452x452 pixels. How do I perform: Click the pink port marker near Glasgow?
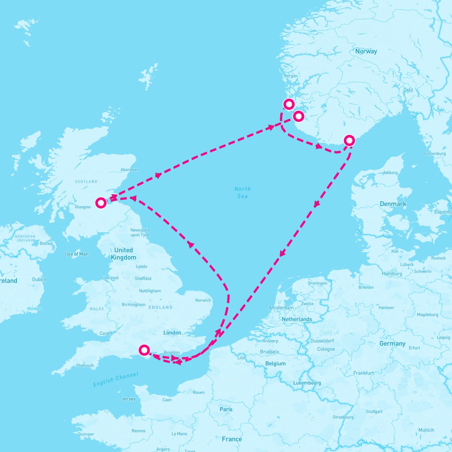point(101,203)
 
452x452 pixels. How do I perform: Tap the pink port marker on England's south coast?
point(144,350)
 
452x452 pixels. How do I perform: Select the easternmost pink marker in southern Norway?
point(350,140)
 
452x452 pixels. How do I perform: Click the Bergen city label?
point(290,76)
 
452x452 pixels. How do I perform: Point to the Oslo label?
point(408,90)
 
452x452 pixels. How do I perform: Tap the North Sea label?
point(242,192)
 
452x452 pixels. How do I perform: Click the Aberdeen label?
point(129,170)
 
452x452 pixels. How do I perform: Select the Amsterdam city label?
point(281,308)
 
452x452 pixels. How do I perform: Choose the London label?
point(172,333)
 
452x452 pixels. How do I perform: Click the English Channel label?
point(116,379)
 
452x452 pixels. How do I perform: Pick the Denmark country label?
point(393,204)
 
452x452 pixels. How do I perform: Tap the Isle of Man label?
point(77,254)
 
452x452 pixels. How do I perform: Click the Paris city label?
point(226,409)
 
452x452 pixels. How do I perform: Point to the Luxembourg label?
point(307,383)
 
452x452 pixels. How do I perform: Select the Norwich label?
point(203,300)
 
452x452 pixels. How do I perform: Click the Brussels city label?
point(269,352)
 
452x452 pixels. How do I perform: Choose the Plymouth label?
point(85,365)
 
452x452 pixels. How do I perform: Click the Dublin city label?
point(39,279)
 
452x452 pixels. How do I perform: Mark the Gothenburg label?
point(434,154)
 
